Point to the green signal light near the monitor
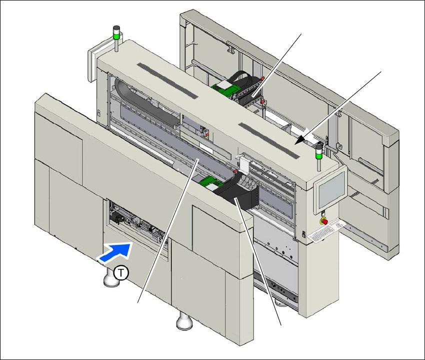coord(318,149)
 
